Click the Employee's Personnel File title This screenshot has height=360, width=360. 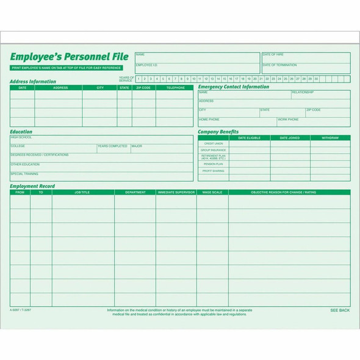click(69, 57)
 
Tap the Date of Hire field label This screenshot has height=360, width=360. click(273, 55)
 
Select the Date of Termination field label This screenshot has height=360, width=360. click(278, 65)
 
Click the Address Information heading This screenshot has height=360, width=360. click(33, 81)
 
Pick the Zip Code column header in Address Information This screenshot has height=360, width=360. click(144, 88)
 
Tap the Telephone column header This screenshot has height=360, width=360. click(175, 88)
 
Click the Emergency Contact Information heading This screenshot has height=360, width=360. click(234, 87)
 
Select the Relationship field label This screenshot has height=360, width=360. click(303, 92)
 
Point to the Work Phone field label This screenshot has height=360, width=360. click(289, 120)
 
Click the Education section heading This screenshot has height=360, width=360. click(21, 131)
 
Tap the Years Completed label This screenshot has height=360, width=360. click(112, 146)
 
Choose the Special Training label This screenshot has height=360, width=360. click(24, 174)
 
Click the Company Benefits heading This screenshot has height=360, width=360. click(218, 131)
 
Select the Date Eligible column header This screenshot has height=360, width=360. click(249, 138)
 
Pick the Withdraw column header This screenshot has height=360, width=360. click(330, 138)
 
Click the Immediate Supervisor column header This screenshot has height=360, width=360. click(176, 192)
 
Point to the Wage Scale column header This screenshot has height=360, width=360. click(212, 192)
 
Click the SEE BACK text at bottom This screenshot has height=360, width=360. click(340, 311)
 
